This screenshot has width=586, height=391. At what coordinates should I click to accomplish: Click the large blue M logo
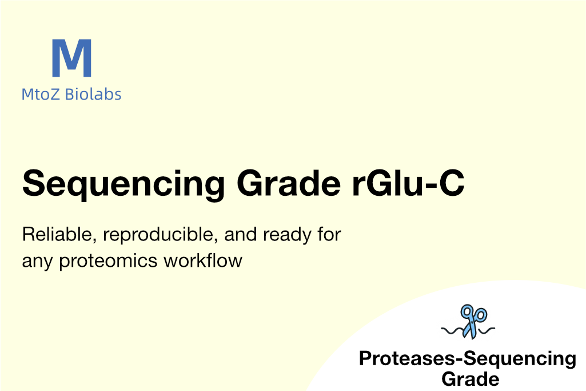[72, 58]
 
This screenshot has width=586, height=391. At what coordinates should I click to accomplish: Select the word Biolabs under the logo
[93, 94]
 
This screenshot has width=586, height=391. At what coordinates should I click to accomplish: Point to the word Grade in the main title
[289, 183]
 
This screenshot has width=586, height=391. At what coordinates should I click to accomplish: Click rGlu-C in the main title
[408, 183]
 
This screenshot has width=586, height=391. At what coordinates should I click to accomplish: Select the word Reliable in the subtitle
[59, 235]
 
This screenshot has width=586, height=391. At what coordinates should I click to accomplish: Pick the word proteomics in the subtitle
[109, 262]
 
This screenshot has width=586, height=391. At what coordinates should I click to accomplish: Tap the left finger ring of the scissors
[467, 311]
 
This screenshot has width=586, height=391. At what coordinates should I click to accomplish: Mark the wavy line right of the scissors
[487, 330]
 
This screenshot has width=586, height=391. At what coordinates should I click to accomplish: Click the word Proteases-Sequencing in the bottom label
[468, 359]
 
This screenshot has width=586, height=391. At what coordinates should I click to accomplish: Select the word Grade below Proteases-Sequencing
[471, 379]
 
